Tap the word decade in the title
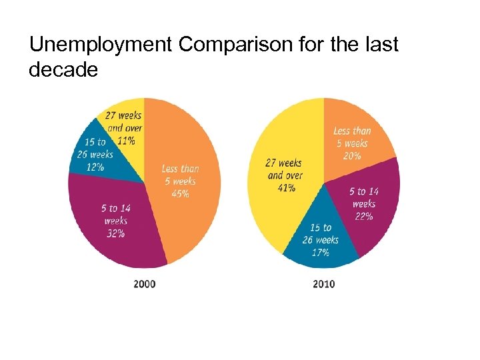coord(63,69)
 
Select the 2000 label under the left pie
coord(145,284)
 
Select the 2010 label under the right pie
coord(324,284)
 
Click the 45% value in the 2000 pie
coord(180,193)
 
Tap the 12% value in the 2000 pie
coord(93,167)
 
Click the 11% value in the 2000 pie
coord(125,139)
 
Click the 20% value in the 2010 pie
coord(352,155)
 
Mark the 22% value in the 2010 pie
coord(364,216)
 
